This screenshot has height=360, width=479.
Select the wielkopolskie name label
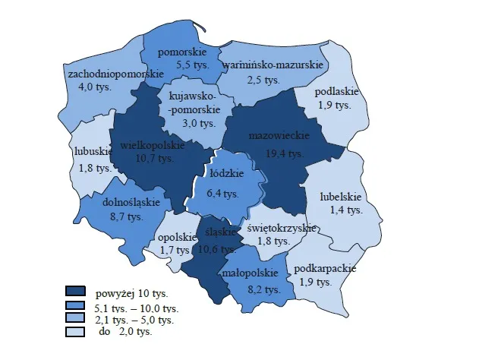pyautogui.click(x=153, y=144)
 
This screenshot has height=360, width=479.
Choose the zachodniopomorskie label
pyautogui.click(x=115, y=74)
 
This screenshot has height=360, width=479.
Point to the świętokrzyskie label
pyautogui.click(x=276, y=227)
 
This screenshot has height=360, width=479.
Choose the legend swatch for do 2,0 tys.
pyautogui.click(x=75, y=331)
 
